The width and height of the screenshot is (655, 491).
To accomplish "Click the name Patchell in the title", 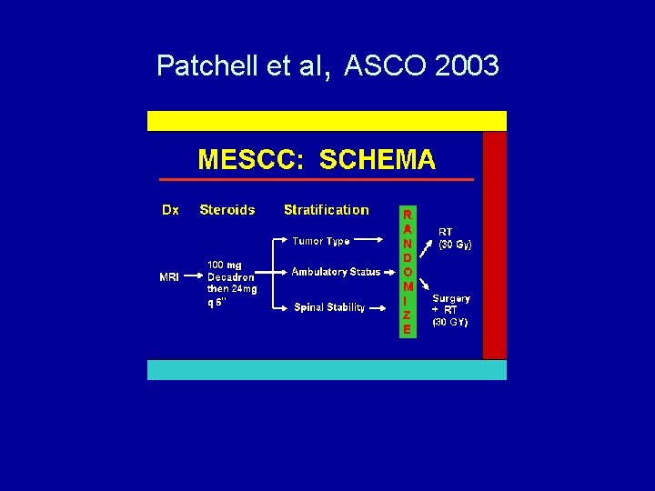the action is (209, 65).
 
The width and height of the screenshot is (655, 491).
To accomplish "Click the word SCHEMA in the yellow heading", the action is (378, 160).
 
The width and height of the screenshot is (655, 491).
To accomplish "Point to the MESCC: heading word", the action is (251, 160).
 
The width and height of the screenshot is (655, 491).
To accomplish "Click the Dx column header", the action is (170, 210).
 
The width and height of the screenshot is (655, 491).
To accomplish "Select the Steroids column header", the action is (227, 210).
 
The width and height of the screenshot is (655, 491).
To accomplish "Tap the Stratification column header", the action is (327, 210).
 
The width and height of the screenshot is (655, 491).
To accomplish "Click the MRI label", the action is (169, 277).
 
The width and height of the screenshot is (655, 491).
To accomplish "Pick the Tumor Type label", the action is (321, 242).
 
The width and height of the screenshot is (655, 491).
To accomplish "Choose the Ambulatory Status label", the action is (336, 272).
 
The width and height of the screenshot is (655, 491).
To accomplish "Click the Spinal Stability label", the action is (329, 307).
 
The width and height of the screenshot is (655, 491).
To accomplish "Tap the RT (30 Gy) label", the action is (455, 238).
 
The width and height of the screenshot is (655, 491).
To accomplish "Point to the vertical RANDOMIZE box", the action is (407, 271).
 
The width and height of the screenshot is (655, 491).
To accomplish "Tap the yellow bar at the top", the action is (327, 121).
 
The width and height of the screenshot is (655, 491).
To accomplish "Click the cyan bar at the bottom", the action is (327, 369).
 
